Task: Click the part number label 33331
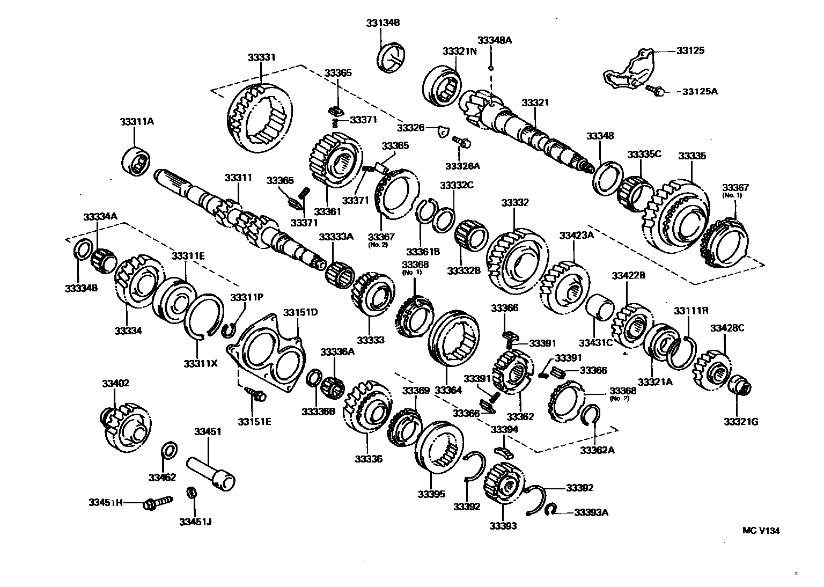262,57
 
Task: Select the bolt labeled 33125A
654,90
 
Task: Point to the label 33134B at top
383,23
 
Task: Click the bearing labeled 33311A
137,159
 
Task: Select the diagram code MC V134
761,531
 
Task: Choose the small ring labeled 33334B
81,250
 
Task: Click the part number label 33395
432,494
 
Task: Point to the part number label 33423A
577,235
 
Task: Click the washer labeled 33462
168,450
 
